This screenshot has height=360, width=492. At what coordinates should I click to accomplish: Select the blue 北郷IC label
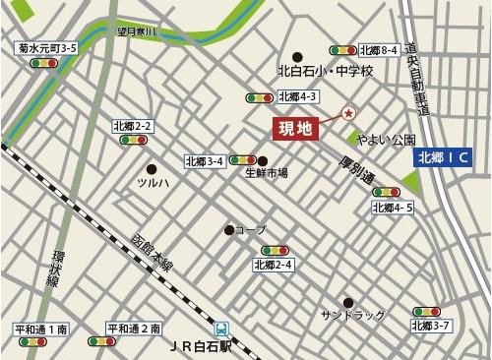pos(444,157)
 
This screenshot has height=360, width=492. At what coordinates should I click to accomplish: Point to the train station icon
pos(223,330)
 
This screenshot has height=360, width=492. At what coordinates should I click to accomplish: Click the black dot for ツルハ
pos(152,168)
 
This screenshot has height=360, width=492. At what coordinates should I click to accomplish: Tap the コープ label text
pos(251,230)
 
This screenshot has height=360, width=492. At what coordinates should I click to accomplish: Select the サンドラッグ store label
pos(353,315)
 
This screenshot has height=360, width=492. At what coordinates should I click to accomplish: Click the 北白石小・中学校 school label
pos(326,71)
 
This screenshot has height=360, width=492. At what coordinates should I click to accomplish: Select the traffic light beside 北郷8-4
pos(342,49)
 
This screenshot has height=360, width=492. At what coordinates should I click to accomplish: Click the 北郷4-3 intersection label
pos(297,96)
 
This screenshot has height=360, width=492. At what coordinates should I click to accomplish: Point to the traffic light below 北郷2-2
pos(132,140)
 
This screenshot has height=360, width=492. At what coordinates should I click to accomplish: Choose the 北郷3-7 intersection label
pos(431,325)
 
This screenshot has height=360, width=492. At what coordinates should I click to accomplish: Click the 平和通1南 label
pos(40,328)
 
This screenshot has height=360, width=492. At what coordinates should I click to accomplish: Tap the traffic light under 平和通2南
pos(101,341)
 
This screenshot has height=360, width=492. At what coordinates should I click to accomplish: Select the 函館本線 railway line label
pos(153,254)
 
